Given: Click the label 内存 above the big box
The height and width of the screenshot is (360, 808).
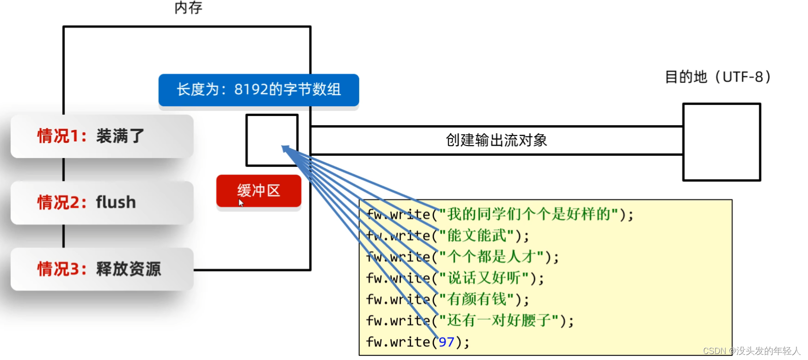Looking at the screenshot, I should click(x=189, y=8).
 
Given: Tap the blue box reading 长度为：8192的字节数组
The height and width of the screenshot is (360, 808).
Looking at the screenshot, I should click(x=258, y=90).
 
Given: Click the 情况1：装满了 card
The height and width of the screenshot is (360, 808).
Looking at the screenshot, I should click(x=102, y=136).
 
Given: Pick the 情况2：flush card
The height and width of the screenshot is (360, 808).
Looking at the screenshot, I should click(x=102, y=202).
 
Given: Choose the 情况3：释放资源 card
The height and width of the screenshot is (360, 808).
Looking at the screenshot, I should click(x=102, y=268).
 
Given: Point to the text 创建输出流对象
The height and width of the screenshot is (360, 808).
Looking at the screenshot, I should click(x=496, y=140).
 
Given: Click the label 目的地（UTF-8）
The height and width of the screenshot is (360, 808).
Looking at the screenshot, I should click(x=717, y=77).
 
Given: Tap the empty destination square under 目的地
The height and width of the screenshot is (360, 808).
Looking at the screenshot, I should click(x=721, y=142).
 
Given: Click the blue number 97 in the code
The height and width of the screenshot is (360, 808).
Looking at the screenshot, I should click(x=446, y=342).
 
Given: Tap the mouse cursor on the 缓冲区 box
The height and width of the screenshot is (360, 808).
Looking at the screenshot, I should click(x=240, y=202).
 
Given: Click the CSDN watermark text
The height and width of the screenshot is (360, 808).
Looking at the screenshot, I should click(x=752, y=351).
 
